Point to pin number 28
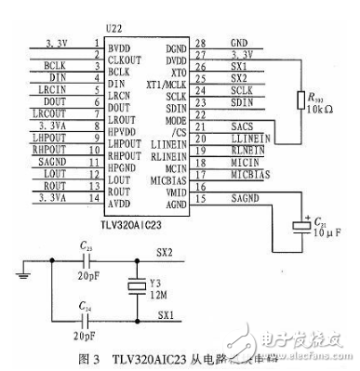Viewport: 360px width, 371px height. click(x=199, y=43)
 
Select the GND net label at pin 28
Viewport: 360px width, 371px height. click(x=239, y=43)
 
